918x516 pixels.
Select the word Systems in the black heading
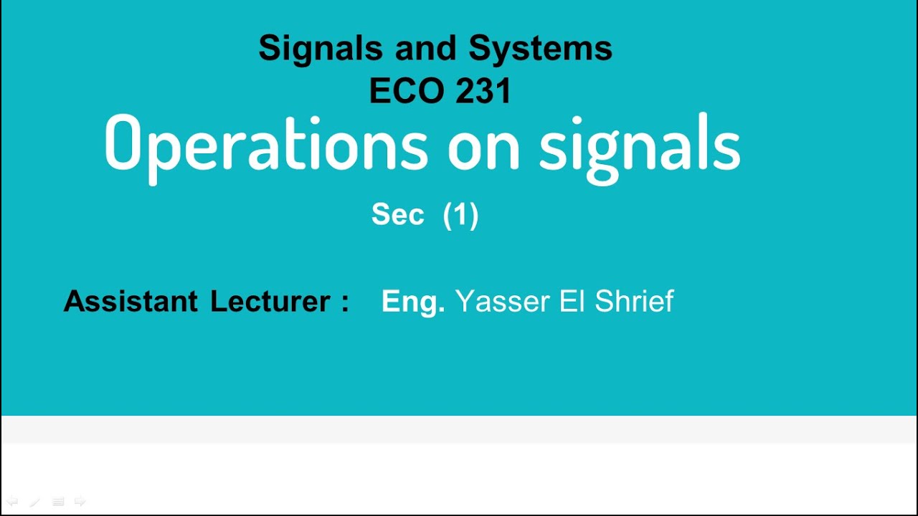click(540, 49)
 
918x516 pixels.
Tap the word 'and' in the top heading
click(426, 49)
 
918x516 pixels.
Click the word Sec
click(398, 215)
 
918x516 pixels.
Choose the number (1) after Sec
click(460, 215)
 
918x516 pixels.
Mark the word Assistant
click(131, 301)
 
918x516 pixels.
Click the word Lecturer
click(270, 301)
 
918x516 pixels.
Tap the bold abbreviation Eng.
click(413, 302)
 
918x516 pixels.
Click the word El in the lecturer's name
click(572, 301)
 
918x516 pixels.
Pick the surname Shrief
click(634, 301)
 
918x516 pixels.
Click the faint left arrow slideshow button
click(12, 502)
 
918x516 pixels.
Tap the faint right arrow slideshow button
click(80, 502)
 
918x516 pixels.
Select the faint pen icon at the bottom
click(34, 502)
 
